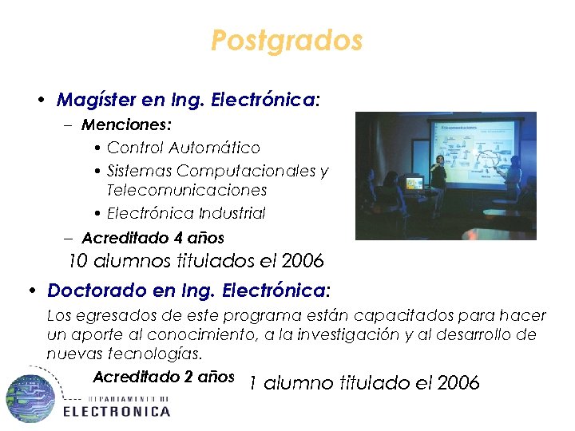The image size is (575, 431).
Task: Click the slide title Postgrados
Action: pyautogui.click(x=287, y=40)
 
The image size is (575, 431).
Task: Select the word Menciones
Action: pyautogui.click(x=126, y=125)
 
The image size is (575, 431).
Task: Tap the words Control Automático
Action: pyautogui.click(x=184, y=148)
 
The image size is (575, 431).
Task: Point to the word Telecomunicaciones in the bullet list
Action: pyautogui.click(x=187, y=191)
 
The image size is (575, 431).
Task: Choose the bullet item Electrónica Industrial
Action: pyautogui.click(x=186, y=213)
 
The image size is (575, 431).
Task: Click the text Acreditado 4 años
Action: pyautogui.click(x=153, y=238)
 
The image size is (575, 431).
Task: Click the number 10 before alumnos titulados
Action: pyautogui.click(x=77, y=260)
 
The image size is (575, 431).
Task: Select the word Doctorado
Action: pyautogui.click(x=92, y=290)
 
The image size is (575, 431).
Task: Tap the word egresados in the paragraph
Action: pyautogui.click(x=112, y=316)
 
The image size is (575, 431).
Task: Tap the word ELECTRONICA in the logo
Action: pyautogui.click(x=117, y=411)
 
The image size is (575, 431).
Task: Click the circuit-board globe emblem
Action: pyautogui.click(x=30, y=397)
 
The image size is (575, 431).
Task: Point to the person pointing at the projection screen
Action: pyautogui.click(x=514, y=176)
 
